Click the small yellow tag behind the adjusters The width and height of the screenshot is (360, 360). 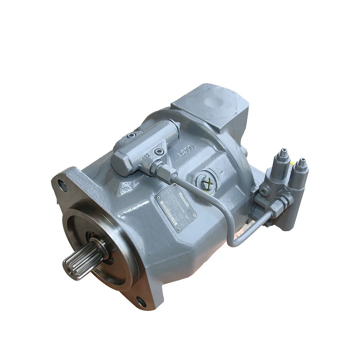292,164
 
